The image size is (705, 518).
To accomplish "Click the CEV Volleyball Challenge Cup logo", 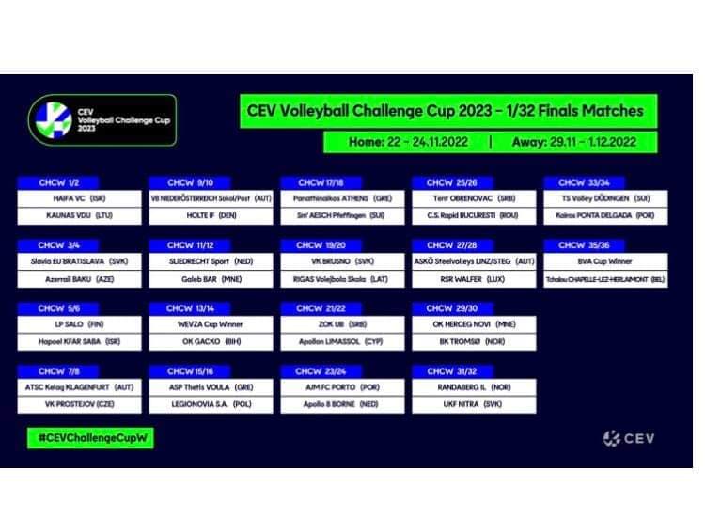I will click(x=102, y=119).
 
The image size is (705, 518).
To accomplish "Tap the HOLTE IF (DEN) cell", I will click(x=210, y=216).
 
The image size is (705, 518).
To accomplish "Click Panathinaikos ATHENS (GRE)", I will click(x=341, y=199).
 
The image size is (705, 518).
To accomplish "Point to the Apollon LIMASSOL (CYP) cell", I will click(x=341, y=342).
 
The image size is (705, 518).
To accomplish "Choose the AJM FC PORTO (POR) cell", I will click(x=341, y=387).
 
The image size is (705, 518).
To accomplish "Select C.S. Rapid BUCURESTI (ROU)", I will click(x=473, y=216).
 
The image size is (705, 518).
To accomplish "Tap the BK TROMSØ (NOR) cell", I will click(x=473, y=342).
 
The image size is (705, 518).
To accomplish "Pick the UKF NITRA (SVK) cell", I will click(x=473, y=404).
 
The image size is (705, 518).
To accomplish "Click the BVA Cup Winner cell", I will click(x=604, y=261).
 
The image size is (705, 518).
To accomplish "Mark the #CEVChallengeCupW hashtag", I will click(x=90, y=438).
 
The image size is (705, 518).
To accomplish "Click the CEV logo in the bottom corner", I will click(x=629, y=438).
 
